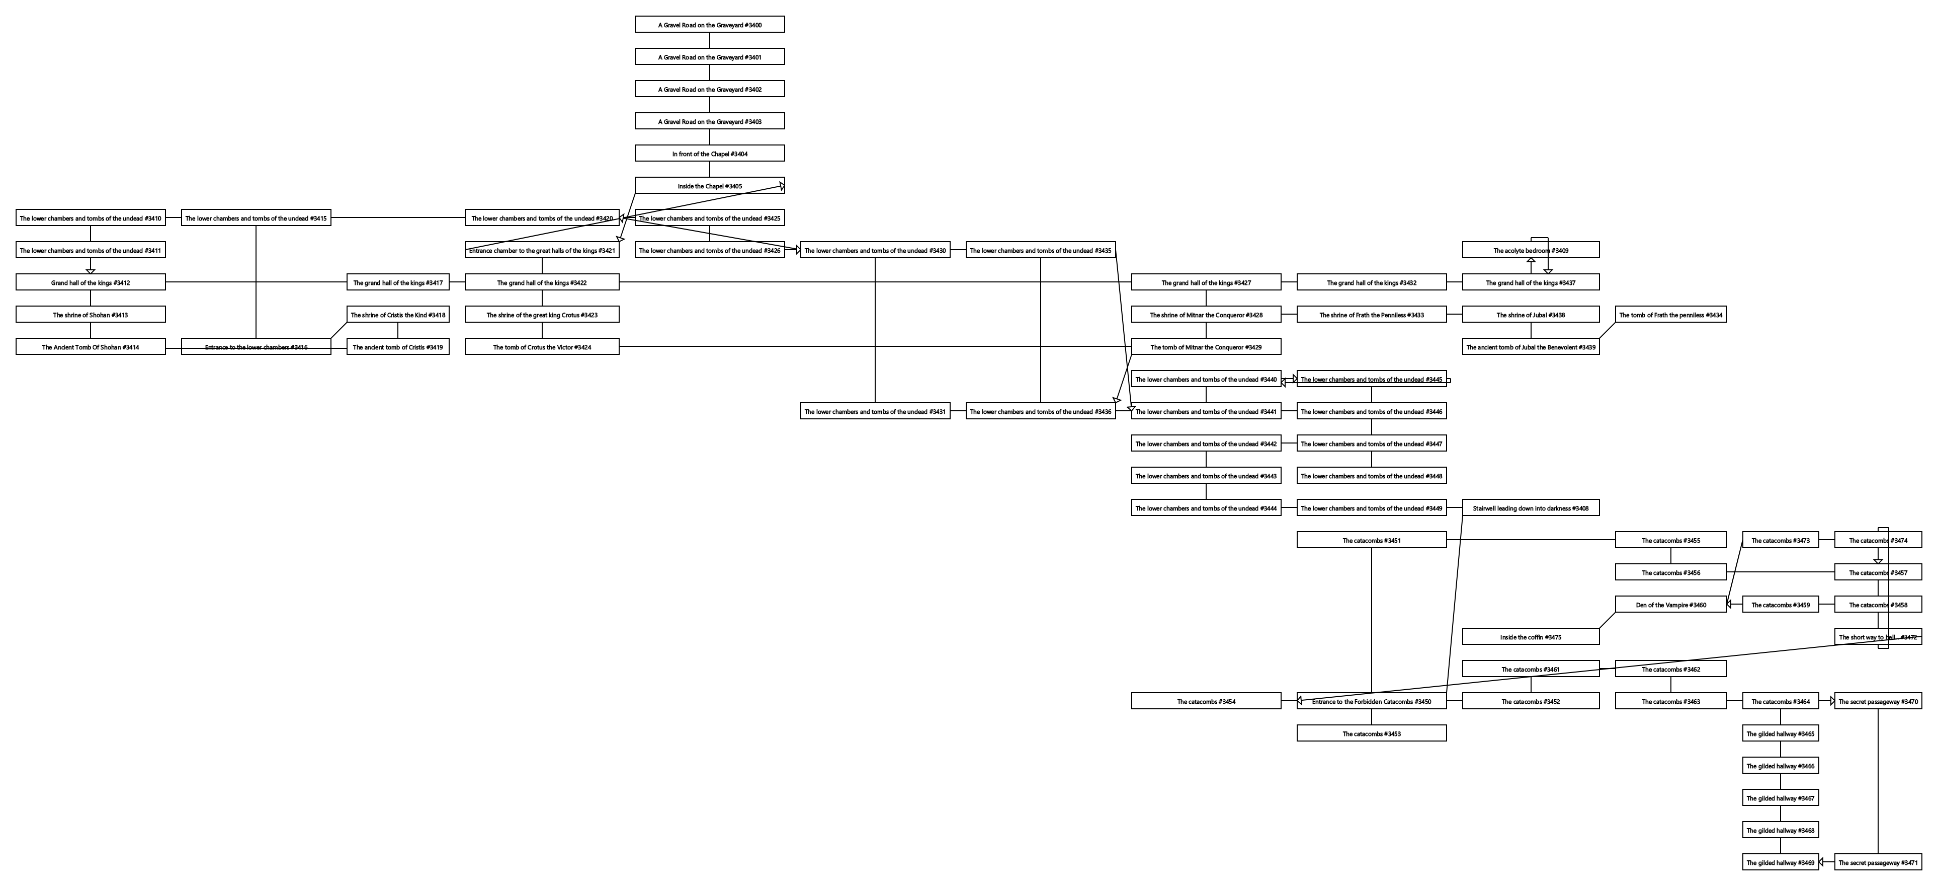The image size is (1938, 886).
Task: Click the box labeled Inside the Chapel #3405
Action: click(709, 186)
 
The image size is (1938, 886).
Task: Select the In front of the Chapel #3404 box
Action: click(709, 154)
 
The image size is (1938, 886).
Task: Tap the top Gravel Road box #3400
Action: click(709, 25)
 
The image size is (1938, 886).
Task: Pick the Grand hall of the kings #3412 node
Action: click(90, 283)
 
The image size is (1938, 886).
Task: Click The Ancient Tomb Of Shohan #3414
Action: click(90, 347)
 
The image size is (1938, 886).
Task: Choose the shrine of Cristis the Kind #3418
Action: click(397, 315)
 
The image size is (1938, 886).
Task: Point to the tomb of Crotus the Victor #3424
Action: click(542, 347)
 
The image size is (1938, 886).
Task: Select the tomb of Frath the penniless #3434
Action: click(1670, 315)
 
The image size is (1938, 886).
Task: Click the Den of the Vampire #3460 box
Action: click(1670, 605)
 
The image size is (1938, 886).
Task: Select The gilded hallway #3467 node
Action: click(1780, 798)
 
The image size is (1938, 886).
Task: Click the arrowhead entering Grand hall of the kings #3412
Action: click(90, 271)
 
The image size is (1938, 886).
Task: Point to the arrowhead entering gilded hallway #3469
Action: click(1823, 863)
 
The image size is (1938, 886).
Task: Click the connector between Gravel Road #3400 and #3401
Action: click(709, 41)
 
